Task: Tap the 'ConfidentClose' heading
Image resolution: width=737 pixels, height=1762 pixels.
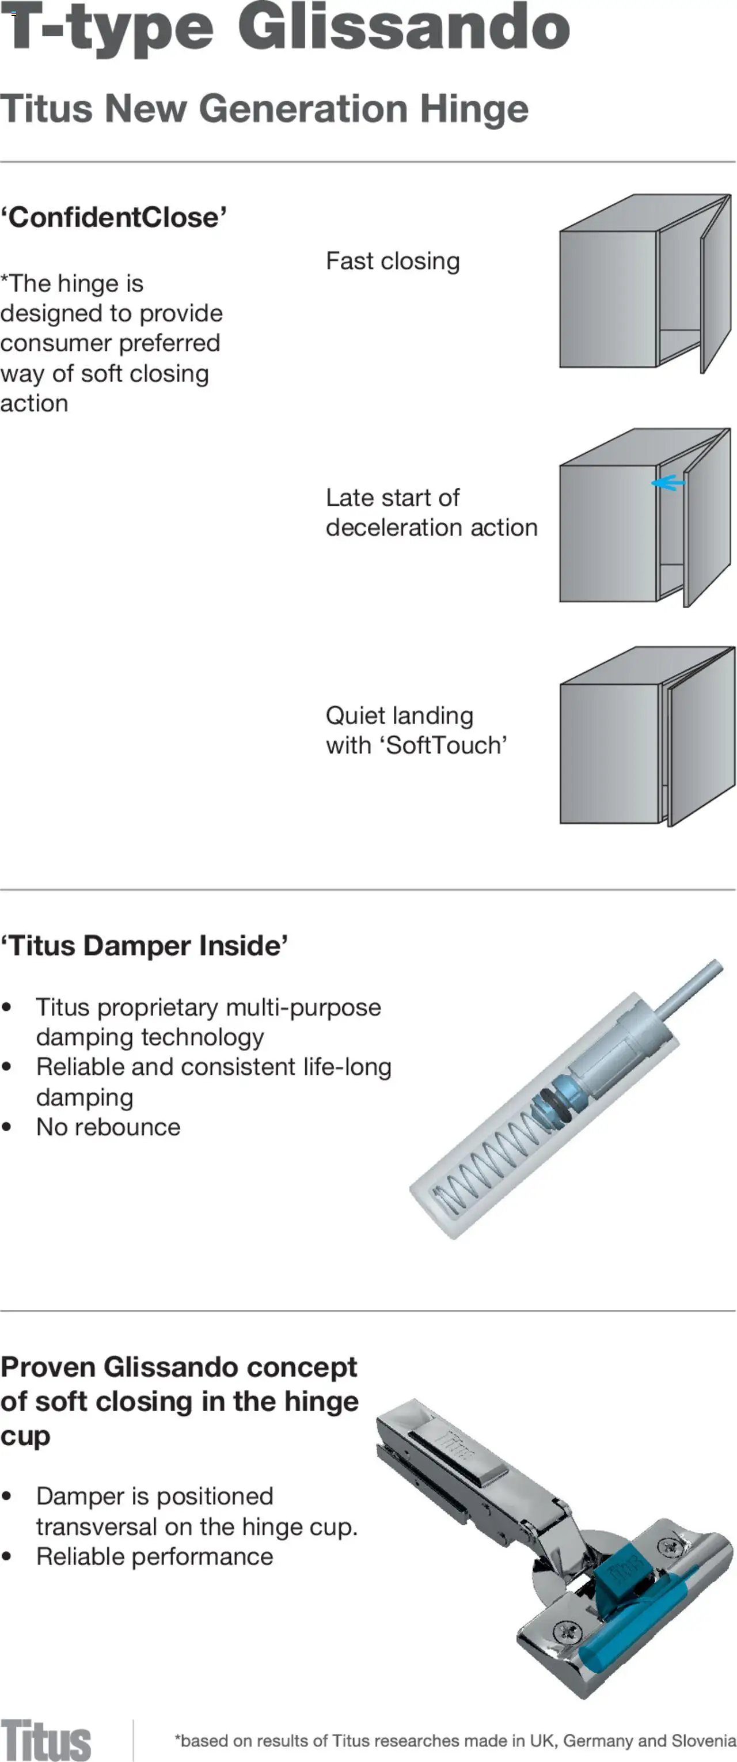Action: tap(113, 218)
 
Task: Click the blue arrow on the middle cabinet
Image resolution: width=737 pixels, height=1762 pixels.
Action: tap(668, 483)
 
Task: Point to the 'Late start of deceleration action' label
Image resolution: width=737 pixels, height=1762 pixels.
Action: tap(431, 512)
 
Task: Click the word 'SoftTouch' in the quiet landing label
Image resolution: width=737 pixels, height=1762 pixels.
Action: tap(446, 745)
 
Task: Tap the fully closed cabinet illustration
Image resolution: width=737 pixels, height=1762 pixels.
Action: tap(647, 736)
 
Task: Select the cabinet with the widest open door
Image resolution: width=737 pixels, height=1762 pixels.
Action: tap(645, 283)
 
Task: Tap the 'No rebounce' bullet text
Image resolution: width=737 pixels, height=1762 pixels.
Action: tap(108, 1127)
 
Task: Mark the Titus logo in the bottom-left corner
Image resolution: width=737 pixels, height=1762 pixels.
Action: tap(45, 1740)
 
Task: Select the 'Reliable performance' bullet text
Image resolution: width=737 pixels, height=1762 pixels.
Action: tap(154, 1556)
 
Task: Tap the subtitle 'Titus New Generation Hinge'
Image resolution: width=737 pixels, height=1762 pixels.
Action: tap(264, 109)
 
